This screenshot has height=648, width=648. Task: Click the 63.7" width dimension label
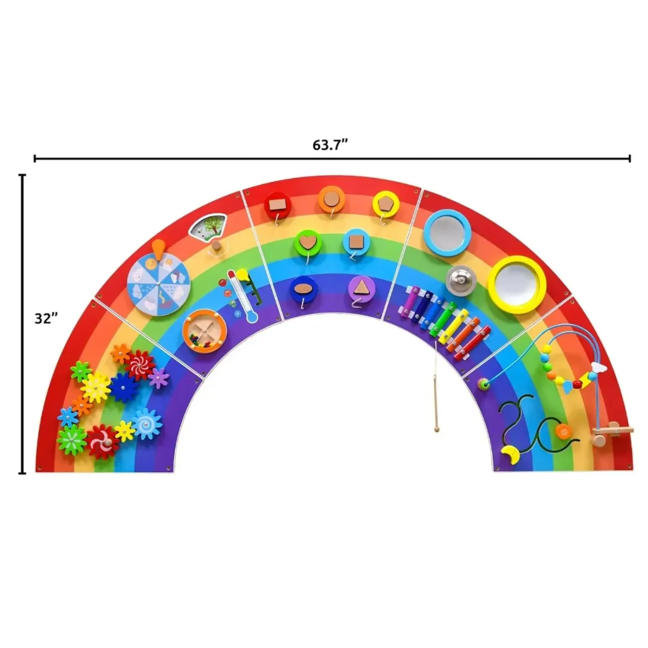tap(329, 145)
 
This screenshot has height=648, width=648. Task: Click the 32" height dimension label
tap(46, 319)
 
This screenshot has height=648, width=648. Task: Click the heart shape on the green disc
tap(308, 244)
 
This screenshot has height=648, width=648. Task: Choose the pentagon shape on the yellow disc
tap(386, 204)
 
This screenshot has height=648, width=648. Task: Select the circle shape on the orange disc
tap(332, 199)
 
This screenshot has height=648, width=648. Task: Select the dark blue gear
tap(124, 387)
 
